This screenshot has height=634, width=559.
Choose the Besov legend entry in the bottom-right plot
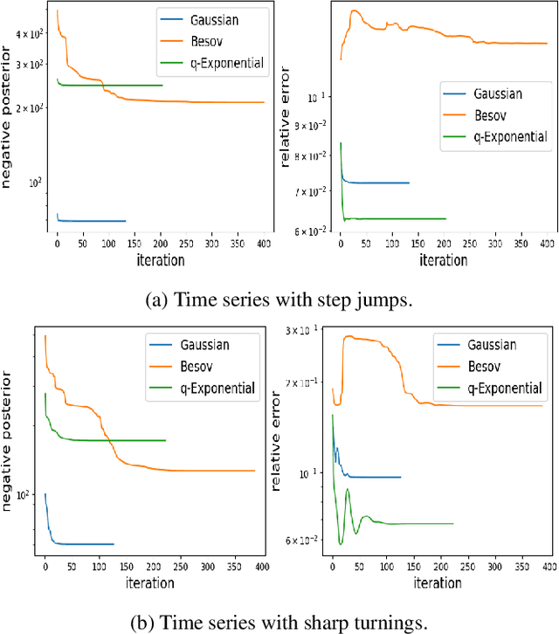[490, 365]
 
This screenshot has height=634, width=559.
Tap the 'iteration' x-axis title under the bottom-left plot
[149, 582]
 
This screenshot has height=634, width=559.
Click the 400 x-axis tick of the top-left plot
[261, 245]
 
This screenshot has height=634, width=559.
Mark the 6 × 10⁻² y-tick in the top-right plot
[311, 231]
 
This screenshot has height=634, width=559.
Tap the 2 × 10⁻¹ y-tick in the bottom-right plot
[306, 382]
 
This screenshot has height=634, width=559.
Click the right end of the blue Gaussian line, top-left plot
[125, 221]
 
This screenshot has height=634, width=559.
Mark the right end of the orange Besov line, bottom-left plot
[254, 471]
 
